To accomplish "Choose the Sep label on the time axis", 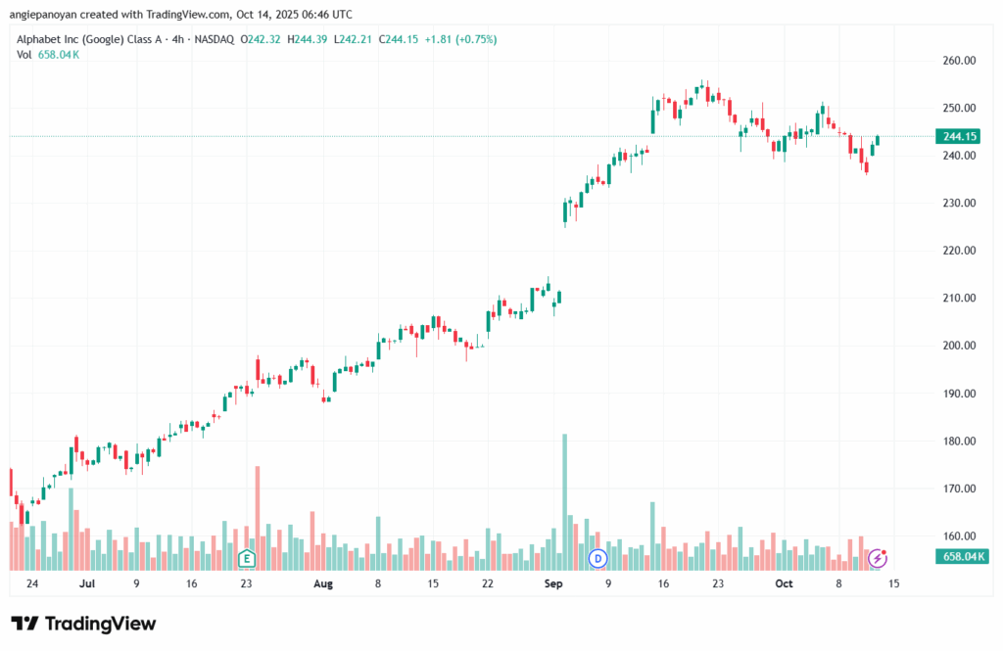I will coord(553,583).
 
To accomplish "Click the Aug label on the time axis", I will coord(323,583).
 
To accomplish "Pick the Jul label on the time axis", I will coord(87,583).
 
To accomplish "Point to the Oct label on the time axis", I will coord(783,583).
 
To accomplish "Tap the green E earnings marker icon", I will coord(247,559).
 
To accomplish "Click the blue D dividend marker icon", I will coord(597,558).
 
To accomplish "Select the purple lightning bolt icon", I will coord(879,558).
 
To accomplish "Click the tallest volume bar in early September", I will coord(564,499).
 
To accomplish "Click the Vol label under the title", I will coord(24,55).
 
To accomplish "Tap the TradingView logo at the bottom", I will coord(83,624).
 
